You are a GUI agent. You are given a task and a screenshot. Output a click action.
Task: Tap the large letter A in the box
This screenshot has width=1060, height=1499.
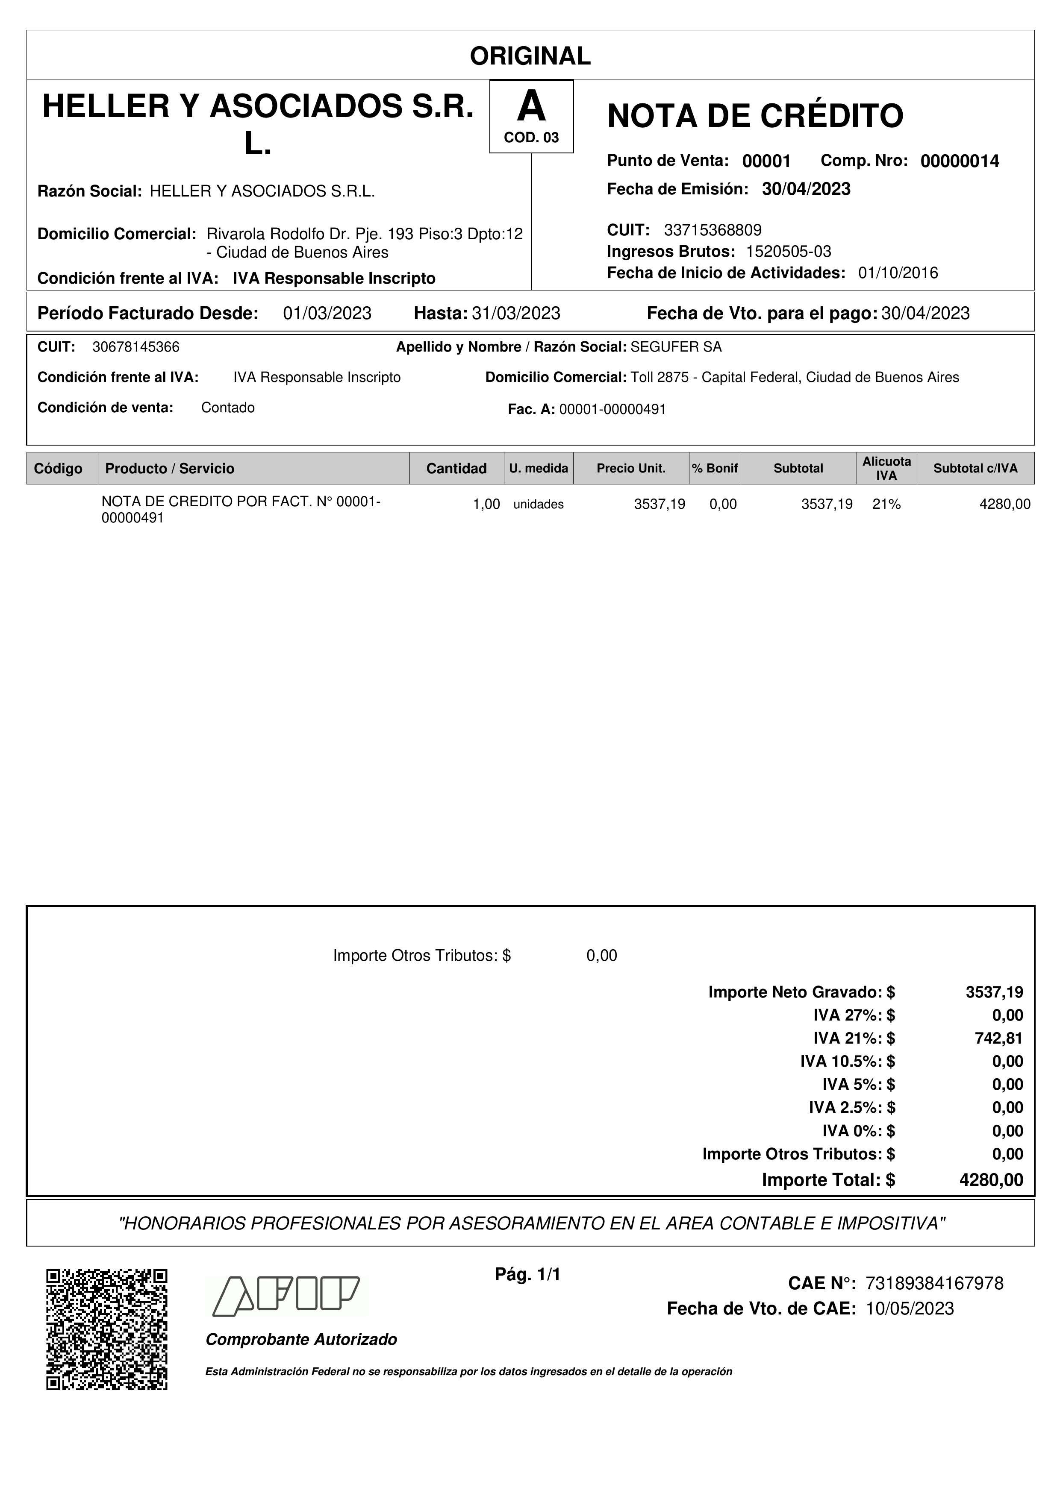pyautogui.click(x=531, y=106)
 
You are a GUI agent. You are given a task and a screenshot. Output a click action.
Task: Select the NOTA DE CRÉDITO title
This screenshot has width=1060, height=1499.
pyautogui.click(x=755, y=116)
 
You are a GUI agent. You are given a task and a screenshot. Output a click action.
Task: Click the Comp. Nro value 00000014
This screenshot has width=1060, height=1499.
pyautogui.click(x=960, y=161)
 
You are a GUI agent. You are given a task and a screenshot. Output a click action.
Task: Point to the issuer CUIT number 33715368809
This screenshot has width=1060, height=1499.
pyautogui.click(x=713, y=230)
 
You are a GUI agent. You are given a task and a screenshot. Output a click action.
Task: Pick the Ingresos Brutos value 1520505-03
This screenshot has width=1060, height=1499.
pyautogui.click(x=788, y=251)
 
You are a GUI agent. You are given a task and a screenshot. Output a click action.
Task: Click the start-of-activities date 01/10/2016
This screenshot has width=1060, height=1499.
pyautogui.click(x=898, y=273)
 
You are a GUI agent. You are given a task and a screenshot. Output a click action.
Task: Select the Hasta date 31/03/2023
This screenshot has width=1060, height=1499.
pyautogui.click(x=516, y=314)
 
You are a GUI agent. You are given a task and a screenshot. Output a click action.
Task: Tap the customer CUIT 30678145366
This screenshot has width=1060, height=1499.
pyautogui.click(x=136, y=347)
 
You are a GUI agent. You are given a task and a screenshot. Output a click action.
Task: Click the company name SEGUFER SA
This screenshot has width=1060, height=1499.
pyautogui.click(x=676, y=347)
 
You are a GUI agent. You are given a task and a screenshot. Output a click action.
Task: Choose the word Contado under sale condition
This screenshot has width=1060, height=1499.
pyautogui.click(x=228, y=408)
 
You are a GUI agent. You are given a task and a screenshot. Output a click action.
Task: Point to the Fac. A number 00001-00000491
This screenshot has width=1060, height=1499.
pyautogui.click(x=612, y=409)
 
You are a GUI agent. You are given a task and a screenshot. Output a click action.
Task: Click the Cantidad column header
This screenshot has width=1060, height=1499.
pyautogui.click(x=456, y=468)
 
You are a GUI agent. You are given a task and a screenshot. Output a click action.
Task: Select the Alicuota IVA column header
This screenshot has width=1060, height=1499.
pyautogui.click(x=886, y=468)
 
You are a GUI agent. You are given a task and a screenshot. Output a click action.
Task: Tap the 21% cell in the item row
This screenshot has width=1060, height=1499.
pyautogui.click(x=886, y=504)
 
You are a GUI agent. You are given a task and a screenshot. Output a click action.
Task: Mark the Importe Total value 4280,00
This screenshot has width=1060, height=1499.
pyautogui.click(x=991, y=1180)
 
